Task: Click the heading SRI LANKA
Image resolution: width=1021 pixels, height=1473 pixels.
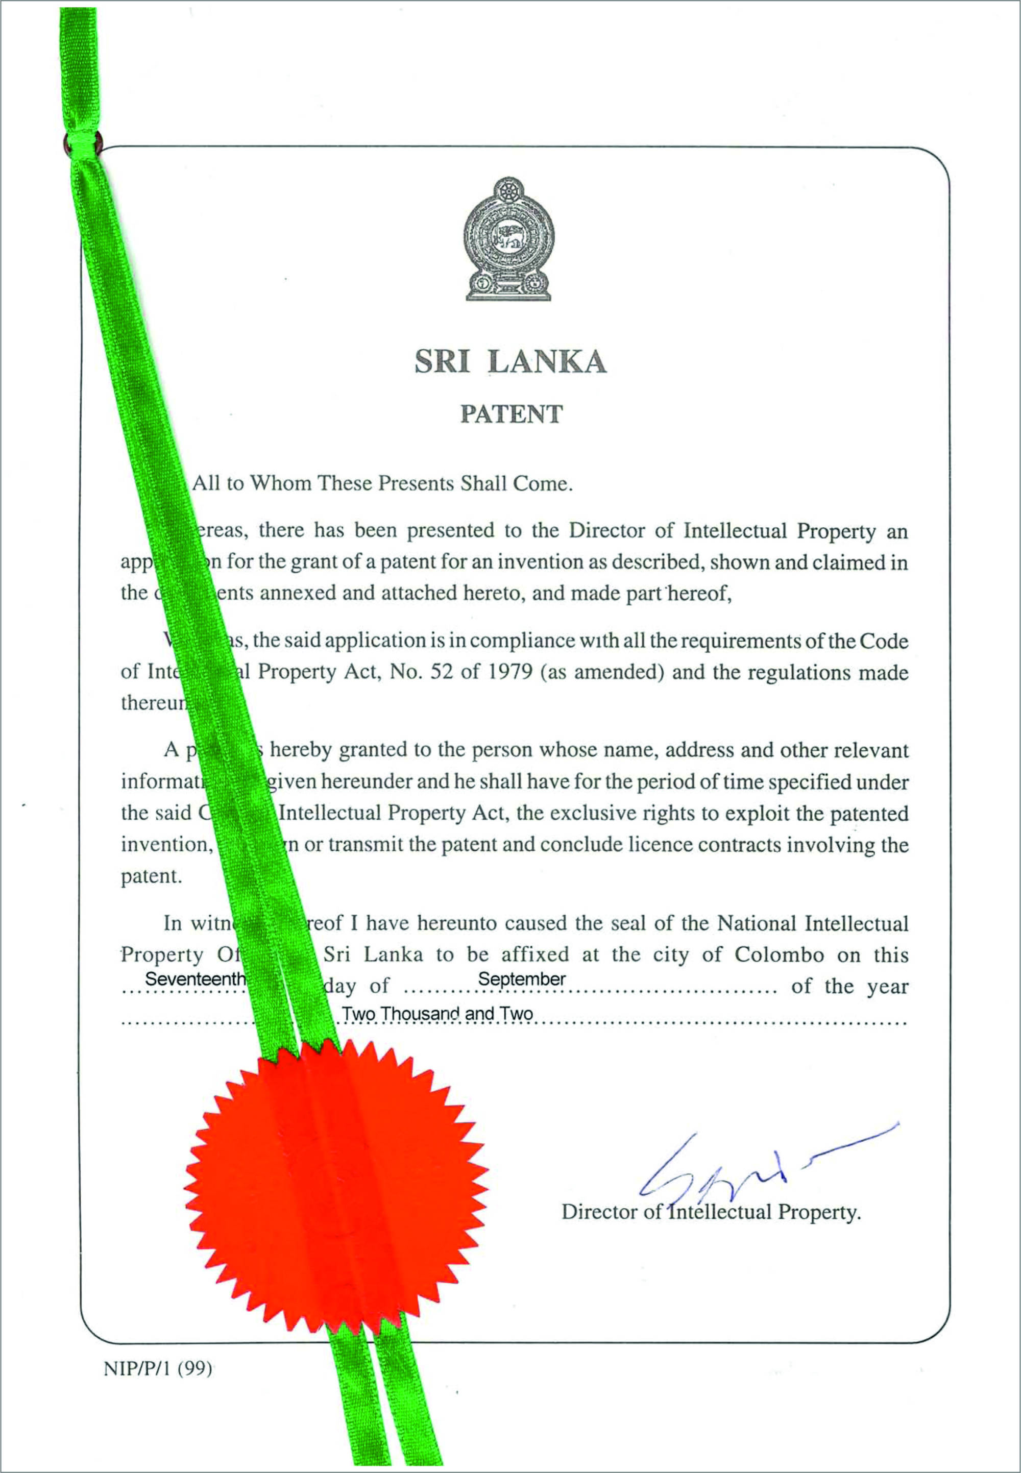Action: (510, 362)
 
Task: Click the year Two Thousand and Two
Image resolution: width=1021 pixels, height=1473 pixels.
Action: (437, 1014)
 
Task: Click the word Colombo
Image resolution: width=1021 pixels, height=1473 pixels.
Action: (779, 955)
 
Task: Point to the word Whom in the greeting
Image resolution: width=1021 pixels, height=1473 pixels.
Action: (281, 483)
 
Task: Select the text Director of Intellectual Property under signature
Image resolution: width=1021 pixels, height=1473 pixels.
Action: (711, 1212)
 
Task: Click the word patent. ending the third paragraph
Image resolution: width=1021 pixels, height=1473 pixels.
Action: (152, 876)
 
